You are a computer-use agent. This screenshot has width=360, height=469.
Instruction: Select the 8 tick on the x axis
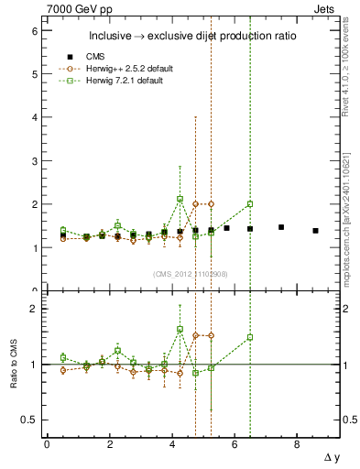[297, 444]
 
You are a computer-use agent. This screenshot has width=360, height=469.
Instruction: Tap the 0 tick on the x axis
[47, 444]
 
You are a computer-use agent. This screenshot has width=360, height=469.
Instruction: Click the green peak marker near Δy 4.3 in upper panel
[180, 199]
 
